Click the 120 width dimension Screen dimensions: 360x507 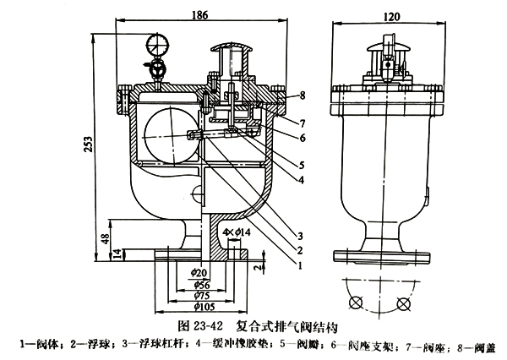391,16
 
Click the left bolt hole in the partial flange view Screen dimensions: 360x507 357,303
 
